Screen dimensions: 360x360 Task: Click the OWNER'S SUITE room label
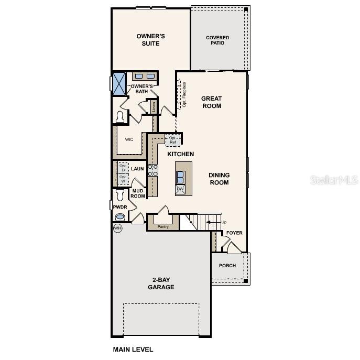151,40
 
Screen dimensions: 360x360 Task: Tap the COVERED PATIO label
217,40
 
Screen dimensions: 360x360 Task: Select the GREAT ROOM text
212,102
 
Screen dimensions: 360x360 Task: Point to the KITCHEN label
181,154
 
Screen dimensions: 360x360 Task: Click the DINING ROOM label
219,179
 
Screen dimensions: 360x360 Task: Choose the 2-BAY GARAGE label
161,283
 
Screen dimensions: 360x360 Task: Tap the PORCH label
227,266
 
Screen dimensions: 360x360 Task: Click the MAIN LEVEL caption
133,349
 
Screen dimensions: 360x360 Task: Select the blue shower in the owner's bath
120,83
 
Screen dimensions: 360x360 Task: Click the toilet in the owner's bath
120,116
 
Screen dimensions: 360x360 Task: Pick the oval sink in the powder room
121,217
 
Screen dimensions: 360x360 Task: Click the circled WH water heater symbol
117,228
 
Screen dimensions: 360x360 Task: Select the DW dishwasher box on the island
180,189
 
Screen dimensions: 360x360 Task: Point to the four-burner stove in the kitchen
153,170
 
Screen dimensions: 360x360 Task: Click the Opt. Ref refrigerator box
173,140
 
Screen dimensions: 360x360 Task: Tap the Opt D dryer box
123,168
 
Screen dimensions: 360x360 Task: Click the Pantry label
163,226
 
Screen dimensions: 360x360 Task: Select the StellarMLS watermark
334,180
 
